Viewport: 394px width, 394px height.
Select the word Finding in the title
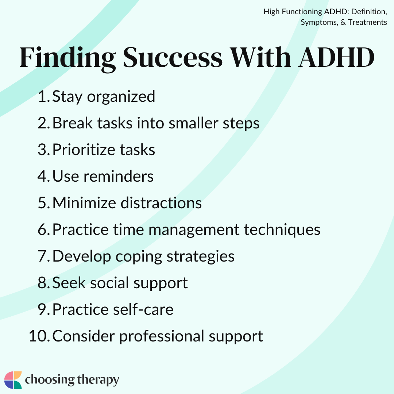click(67, 57)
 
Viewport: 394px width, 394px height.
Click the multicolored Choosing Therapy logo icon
click(13, 380)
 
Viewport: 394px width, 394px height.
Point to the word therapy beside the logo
click(98, 381)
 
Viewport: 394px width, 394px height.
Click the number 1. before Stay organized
click(44, 97)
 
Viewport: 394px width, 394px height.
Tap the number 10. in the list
click(39, 336)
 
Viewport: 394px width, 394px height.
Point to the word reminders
click(119, 177)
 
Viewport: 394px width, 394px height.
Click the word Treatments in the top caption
click(367, 22)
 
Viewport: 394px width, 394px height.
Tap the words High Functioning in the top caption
click(292, 12)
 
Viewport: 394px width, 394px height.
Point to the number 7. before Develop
click(44, 256)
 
